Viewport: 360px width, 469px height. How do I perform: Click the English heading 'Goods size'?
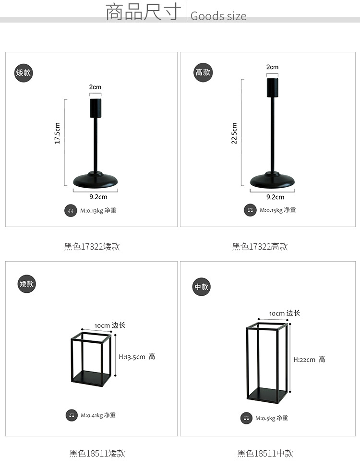(x=218, y=16)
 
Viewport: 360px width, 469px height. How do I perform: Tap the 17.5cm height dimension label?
(x=57, y=133)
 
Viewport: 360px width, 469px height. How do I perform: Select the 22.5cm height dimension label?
(x=234, y=133)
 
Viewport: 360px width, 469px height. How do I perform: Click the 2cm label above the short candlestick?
(x=95, y=87)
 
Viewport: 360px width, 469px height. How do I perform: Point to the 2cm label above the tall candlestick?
(x=272, y=67)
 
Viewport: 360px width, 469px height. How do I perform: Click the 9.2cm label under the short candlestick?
(x=98, y=197)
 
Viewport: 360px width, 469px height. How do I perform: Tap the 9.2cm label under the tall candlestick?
(x=276, y=197)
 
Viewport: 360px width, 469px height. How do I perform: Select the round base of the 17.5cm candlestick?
(x=96, y=180)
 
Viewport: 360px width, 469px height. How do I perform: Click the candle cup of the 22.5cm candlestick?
(x=272, y=88)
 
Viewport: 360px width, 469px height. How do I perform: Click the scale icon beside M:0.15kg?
(x=250, y=210)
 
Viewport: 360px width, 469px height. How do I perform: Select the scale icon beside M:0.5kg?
(x=246, y=418)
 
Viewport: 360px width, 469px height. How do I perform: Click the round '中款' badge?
(x=201, y=287)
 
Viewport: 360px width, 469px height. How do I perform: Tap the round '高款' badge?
(x=203, y=72)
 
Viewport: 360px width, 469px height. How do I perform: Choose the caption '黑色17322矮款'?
(x=92, y=246)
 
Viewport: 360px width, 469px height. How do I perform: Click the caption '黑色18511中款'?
(x=265, y=454)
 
